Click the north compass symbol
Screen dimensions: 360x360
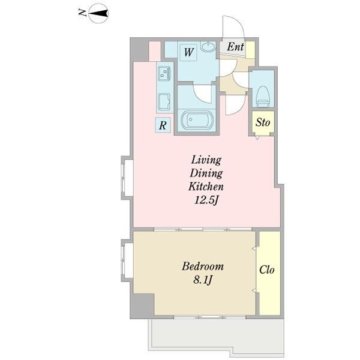[98, 14]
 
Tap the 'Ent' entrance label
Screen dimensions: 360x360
[235, 47]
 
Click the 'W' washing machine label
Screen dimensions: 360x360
[188, 52]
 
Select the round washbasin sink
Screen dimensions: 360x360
[208, 47]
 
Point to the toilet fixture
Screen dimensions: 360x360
[262, 97]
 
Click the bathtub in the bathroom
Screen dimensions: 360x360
[197, 119]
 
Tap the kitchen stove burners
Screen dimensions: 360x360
[164, 73]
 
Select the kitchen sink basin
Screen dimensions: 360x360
[164, 102]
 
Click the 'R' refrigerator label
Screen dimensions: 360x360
[163, 125]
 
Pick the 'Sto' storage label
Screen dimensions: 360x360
[263, 122]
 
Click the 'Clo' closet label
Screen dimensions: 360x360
[267, 269]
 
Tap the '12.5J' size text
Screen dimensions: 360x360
[206, 200]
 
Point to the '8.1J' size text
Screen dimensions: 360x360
[203, 280]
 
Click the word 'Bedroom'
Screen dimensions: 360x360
[203, 266]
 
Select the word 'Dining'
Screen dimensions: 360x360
[206, 174]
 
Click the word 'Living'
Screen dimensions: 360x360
[206, 160]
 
